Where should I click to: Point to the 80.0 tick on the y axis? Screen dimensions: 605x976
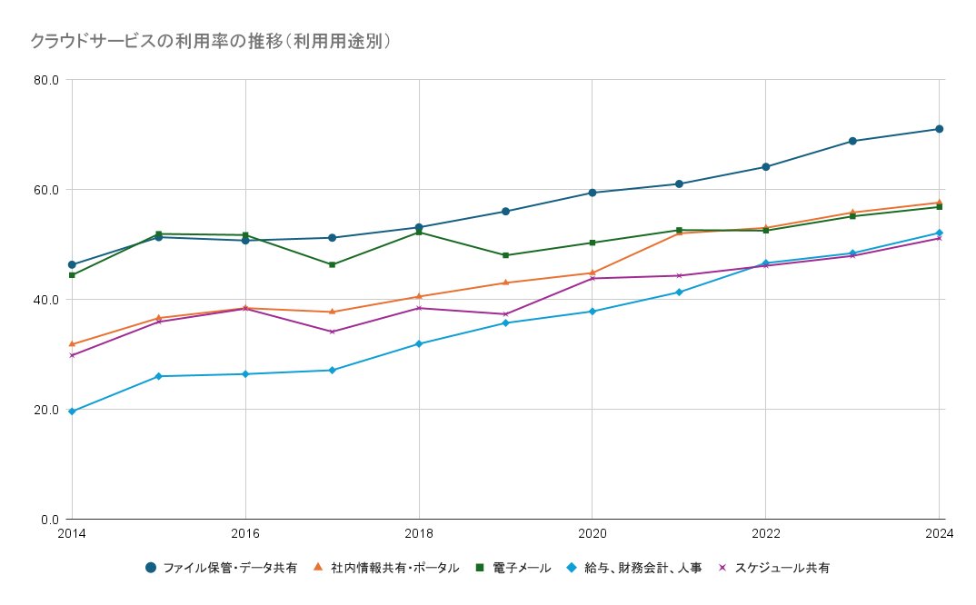[x=46, y=80]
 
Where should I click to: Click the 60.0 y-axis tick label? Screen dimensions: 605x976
[x=46, y=190]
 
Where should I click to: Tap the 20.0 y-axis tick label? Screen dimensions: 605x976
[x=46, y=410]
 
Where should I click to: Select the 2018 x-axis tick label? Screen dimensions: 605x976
[x=419, y=533]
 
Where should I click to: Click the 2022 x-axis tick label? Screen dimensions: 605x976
[x=765, y=533]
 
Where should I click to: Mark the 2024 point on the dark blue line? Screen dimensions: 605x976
[x=939, y=129]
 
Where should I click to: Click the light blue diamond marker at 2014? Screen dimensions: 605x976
[x=72, y=412]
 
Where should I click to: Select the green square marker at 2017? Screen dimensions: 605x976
[x=332, y=264]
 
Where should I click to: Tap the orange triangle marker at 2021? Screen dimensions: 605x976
[x=679, y=233]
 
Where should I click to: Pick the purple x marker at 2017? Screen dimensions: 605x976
[x=332, y=332]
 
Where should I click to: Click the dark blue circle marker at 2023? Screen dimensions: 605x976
[x=852, y=141]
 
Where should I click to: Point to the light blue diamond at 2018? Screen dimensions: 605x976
[x=419, y=343]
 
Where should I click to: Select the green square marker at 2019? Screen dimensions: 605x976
[x=505, y=255]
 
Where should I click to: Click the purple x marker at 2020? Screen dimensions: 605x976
[x=593, y=278]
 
